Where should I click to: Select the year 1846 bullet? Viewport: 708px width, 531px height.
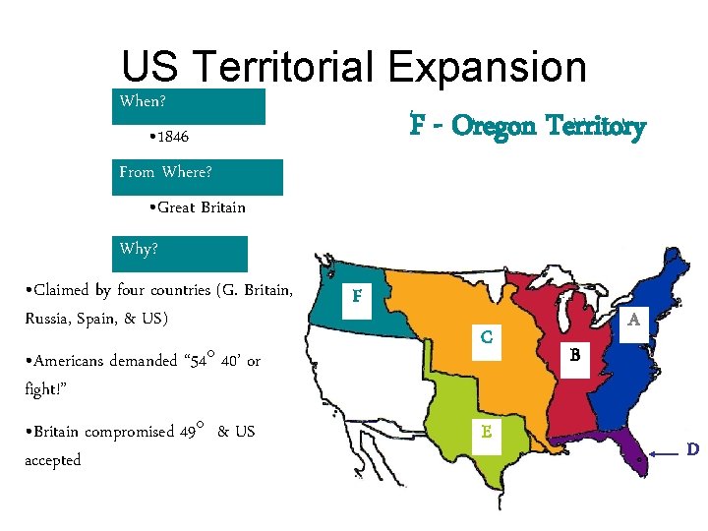tap(167, 135)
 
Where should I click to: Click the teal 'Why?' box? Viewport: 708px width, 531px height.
tap(182, 253)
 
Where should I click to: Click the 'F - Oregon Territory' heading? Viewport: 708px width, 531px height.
tap(528, 126)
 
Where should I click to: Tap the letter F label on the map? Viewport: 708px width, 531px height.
tap(356, 295)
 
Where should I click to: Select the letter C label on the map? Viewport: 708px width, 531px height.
tap(487, 337)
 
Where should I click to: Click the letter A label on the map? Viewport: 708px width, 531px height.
tap(634, 320)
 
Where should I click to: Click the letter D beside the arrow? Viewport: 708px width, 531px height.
tap(692, 449)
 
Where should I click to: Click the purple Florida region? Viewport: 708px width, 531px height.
tap(619, 453)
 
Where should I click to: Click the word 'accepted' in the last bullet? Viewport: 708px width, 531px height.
tap(52, 460)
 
